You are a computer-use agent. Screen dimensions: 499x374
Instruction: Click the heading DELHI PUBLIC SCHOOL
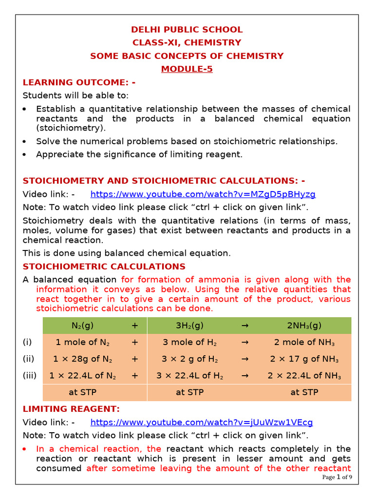point(187,30)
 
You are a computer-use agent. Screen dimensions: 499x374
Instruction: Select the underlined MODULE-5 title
point(187,69)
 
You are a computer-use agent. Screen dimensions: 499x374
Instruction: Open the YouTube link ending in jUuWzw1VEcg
point(202,422)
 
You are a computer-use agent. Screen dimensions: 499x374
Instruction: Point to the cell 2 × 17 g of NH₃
point(304,359)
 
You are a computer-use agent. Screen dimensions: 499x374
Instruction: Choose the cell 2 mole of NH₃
point(304,342)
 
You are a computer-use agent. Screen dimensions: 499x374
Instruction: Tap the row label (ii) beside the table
point(28,359)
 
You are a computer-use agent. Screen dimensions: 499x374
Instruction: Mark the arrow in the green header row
point(245,326)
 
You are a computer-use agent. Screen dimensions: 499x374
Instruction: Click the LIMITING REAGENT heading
point(71,409)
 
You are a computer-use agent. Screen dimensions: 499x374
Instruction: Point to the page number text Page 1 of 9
point(337,477)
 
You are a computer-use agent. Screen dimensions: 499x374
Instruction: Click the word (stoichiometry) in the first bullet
point(71,128)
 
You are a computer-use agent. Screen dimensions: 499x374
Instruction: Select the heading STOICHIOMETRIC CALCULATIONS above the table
point(104,267)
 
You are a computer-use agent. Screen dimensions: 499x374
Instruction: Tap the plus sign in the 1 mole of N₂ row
point(135,342)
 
